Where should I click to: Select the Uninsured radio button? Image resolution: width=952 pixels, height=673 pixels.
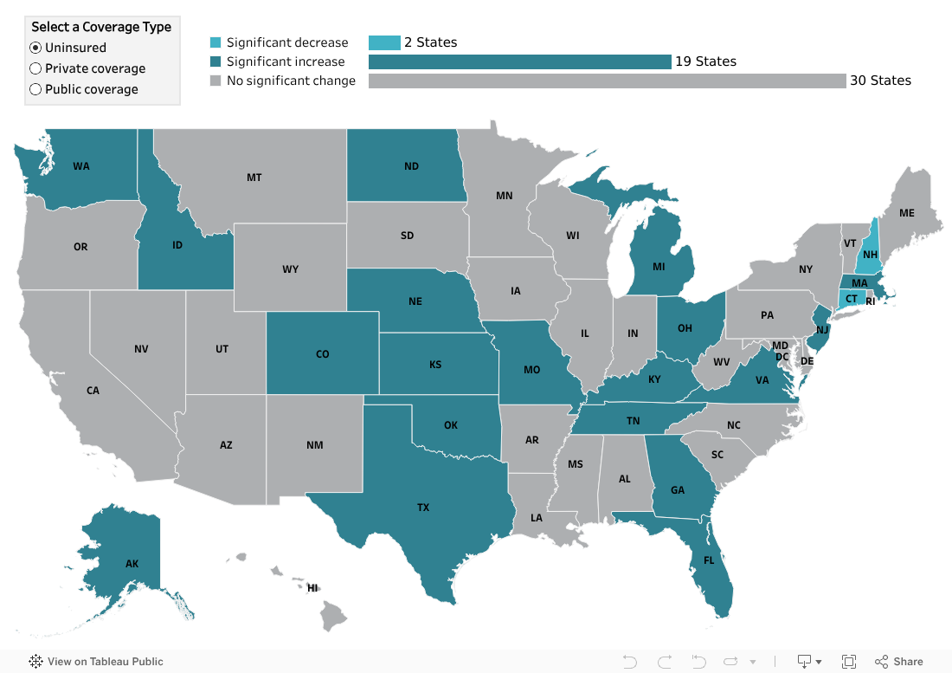click(x=35, y=48)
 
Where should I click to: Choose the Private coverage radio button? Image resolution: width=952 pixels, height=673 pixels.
click(x=35, y=68)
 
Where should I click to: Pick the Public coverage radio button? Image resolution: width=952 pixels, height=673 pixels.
click(x=35, y=89)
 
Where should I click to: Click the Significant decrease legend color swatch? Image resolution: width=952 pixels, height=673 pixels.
click(x=215, y=42)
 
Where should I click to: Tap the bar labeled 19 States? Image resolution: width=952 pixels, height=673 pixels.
click(x=519, y=61)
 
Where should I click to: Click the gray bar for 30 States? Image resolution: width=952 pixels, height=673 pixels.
click(x=607, y=81)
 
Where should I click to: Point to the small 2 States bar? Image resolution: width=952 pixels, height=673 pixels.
click(x=384, y=42)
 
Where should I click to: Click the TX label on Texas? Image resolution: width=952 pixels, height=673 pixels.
click(x=423, y=508)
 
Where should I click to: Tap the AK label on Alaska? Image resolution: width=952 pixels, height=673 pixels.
click(x=132, y=564)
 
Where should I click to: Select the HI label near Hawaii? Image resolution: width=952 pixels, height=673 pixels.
click(x=312, y=588)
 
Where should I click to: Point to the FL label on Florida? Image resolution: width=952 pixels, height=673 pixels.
click(x=709, y=560)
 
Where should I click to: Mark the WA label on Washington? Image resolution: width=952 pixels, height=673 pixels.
click(x=81, y=166)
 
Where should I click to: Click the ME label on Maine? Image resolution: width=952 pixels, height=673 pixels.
click(x=906, y=212)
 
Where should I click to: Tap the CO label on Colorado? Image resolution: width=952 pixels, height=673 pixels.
click(x=322, y=354)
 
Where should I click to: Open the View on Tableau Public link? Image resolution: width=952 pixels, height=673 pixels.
click(x=96, y=662)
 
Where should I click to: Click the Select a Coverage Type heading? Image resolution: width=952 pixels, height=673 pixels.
click(x=101, y=27)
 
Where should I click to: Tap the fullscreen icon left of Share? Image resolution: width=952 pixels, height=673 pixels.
click(x=849, y=662)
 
